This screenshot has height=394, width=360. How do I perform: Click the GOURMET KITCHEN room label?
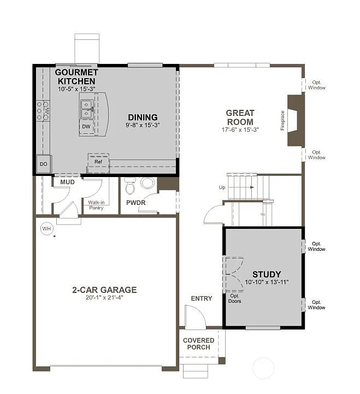tap(76, 77)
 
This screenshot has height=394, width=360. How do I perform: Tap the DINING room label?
tap(143, 117)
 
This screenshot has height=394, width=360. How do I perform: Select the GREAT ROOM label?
tap(240, 117)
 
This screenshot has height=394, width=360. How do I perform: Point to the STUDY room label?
tap(267, 274)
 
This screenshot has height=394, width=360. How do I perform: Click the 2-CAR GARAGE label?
tap(104, 290)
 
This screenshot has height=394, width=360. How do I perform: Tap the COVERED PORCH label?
tap(199, 344)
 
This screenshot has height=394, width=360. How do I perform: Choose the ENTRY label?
tap(201, 298)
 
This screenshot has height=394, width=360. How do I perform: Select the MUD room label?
tap(67, 181)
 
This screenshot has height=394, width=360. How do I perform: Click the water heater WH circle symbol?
tap(46, 228)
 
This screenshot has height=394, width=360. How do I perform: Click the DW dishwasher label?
tap(86, 126)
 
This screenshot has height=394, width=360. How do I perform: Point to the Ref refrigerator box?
tap(98, 162)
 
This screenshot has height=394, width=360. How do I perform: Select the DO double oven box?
tap(43, 164)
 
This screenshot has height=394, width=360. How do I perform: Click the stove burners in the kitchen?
tap(43, 110)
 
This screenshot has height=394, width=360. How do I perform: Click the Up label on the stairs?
tap(222, 187)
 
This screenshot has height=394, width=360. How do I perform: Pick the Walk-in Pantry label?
tap(96, 205)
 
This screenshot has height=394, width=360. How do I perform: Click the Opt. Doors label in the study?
tap(235, 298)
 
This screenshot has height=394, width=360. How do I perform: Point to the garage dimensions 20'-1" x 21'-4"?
tap(104, 298)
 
